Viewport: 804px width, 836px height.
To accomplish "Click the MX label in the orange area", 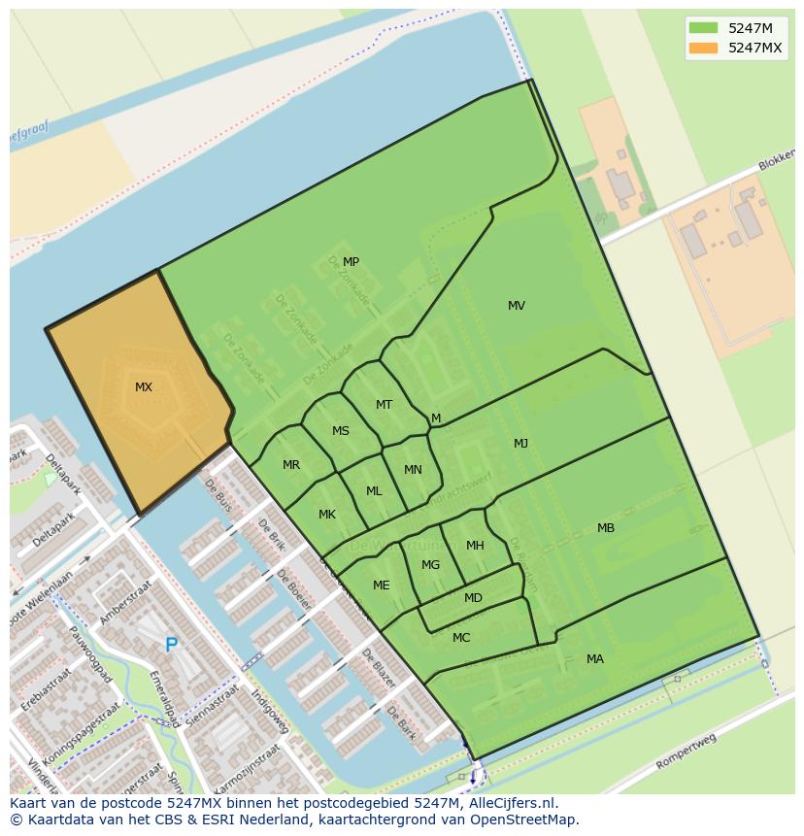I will (144, 387).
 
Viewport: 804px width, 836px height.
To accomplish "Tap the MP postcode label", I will (351, 262).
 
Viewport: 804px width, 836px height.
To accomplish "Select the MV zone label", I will (517, 306).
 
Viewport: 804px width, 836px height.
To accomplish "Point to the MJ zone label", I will (520, 444).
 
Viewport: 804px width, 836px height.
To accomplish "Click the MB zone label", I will (606, 528).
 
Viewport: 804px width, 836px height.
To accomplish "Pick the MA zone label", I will (595, 659).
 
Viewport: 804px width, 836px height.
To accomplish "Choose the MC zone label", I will (461, 638).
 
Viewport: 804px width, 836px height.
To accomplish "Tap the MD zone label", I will (473, 598).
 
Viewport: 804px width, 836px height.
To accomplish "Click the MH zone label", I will (475, 546).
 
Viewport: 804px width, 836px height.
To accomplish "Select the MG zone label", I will (431, 565).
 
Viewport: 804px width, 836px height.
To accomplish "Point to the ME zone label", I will (382, 585).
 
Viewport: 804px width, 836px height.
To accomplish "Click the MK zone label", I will (327, 515).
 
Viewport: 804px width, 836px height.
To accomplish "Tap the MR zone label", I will (291, 465).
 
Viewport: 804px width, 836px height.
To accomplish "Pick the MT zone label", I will (385, 405).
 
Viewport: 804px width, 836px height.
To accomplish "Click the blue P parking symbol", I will (172, 645).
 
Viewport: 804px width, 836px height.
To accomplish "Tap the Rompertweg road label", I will (686, 752).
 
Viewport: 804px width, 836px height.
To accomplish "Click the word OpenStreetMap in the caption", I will (526, 819).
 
